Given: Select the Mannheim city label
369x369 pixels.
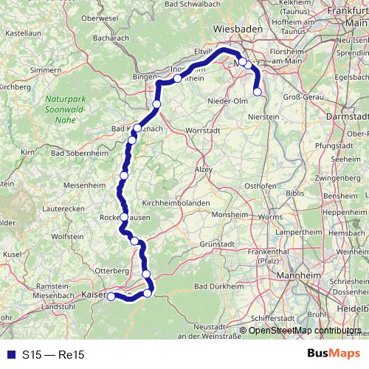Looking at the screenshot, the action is click(298, 280).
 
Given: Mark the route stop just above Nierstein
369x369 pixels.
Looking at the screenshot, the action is click(258, 92).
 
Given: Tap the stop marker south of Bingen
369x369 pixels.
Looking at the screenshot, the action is click(156, 105).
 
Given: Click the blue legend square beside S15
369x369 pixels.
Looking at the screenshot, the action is click(9, 354).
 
